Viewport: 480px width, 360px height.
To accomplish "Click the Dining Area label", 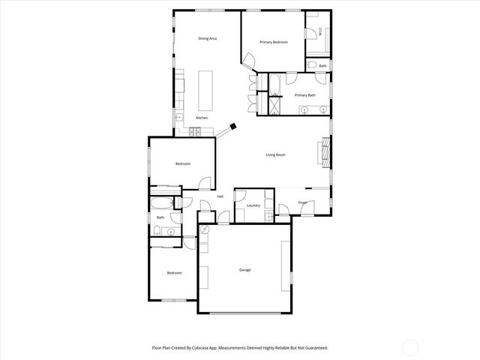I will [208, 38].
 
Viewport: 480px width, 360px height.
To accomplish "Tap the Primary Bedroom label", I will [274, 42].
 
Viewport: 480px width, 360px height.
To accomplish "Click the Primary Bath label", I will [304, 95].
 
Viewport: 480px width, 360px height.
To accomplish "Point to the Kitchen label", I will [202, 118].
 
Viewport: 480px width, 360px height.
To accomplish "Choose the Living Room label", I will [276, 155].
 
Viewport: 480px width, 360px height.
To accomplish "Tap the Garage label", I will [244, 270].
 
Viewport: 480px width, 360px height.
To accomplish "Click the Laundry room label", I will [253, 205].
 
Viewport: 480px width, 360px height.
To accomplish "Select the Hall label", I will [220, 196].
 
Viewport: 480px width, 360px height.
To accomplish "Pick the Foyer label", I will [303, 202].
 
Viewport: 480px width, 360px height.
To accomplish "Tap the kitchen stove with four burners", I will [196, 133].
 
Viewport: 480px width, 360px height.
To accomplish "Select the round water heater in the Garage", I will [204, 229].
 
